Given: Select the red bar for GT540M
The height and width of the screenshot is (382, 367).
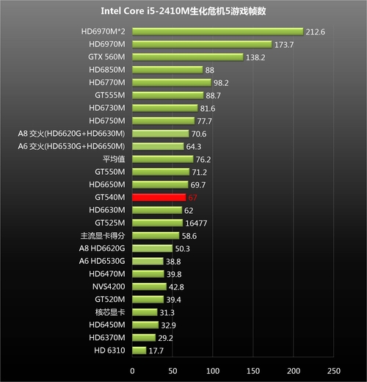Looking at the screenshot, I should [x=159, y=197].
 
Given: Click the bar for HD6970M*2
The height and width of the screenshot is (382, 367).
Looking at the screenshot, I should [x=217, y=32].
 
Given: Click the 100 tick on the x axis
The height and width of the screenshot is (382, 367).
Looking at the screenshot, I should [x=213, y=370].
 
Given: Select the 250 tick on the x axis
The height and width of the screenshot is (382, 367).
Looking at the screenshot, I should [x=334, y=370].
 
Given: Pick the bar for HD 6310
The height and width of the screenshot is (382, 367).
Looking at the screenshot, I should [x=139, y=350].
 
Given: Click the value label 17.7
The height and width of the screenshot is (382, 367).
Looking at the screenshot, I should [x=156, y=350].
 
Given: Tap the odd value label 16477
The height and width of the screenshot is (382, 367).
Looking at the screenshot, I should [x=195, y=223].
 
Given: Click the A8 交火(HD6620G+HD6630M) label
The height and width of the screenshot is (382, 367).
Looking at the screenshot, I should [x=72, y=134].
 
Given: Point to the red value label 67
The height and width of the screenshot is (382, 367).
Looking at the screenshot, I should [x=194, y=198].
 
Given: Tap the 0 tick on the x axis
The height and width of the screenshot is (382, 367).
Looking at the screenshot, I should [x=132, y=370].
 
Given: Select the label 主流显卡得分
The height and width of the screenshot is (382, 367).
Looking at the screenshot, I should [x=103, y=235].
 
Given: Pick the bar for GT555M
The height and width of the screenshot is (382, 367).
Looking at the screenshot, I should [x=168, y=95].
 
